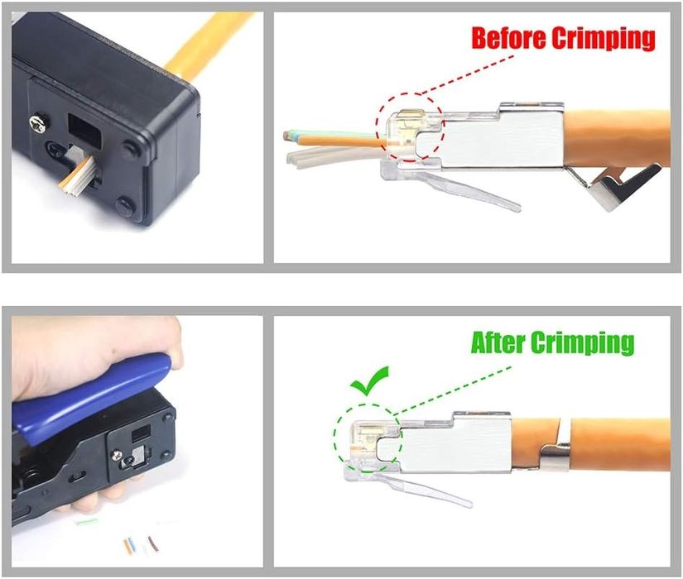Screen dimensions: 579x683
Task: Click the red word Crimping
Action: tap(604, 38)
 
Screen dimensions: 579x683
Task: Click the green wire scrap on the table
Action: tap(86, 522)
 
